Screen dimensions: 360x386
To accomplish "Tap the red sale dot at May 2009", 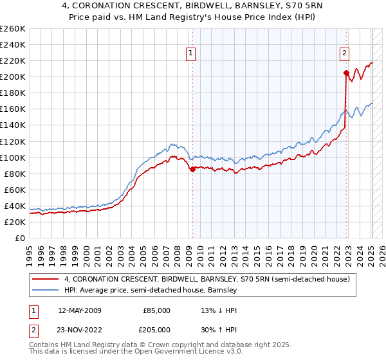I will [x=192, y=169].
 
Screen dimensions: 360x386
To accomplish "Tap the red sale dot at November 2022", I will [x=346, y=73].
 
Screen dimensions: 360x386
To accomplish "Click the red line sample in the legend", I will [x=45, y=280].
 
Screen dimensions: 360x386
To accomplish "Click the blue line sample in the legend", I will [x=45, y=291].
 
